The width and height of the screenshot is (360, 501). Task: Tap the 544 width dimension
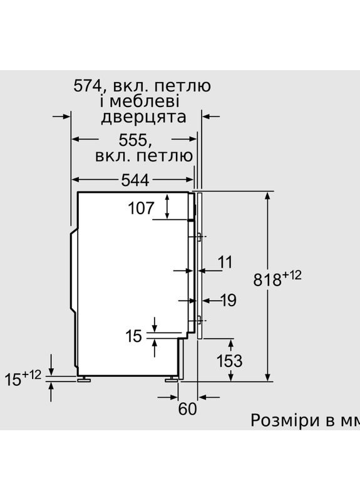tap(135, 180)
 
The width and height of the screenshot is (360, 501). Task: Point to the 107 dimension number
tap(141, 209)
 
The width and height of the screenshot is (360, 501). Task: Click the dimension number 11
tap(225, 262)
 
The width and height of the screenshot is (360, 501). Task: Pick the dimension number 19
tap(229, 301)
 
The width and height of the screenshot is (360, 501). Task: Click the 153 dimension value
tap(229, 361)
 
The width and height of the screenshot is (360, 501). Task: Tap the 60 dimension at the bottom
tap(187, 409)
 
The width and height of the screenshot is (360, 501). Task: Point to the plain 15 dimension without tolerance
tap(135, 336)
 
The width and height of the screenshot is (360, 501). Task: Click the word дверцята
tap(143, 117)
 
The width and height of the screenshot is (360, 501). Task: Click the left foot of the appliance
tap(82, 380)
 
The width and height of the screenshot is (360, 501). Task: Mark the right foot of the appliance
tap(170, 380)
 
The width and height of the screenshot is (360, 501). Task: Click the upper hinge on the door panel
tap(198, 237)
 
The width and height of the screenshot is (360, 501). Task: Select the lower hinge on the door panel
tap(198, 320)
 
